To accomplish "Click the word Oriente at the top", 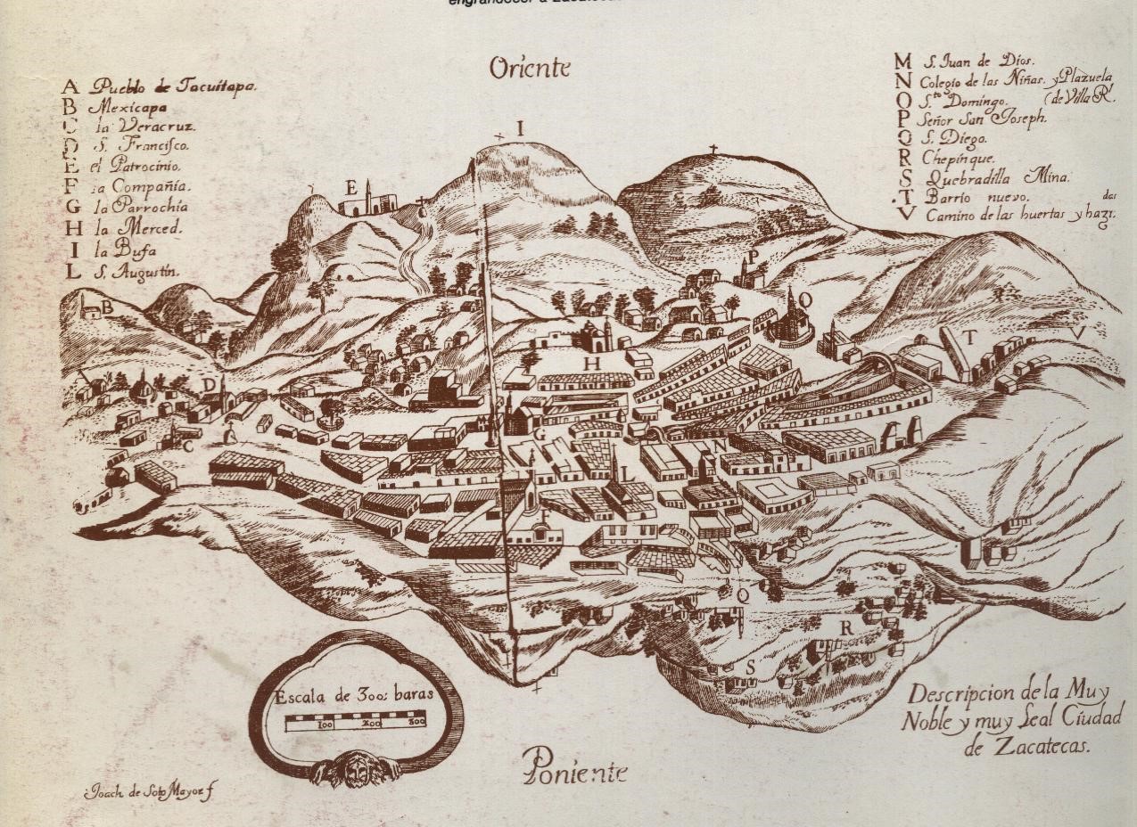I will tap(529, 68).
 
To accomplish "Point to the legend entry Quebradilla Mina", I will tap(995, 177).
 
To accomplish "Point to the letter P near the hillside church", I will tap(753, 256).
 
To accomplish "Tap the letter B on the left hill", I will tap(106, 308).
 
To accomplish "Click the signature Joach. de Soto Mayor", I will tap(149, 791).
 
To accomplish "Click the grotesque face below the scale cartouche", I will tap(355, 767).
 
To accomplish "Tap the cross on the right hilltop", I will tap(713, 150).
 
